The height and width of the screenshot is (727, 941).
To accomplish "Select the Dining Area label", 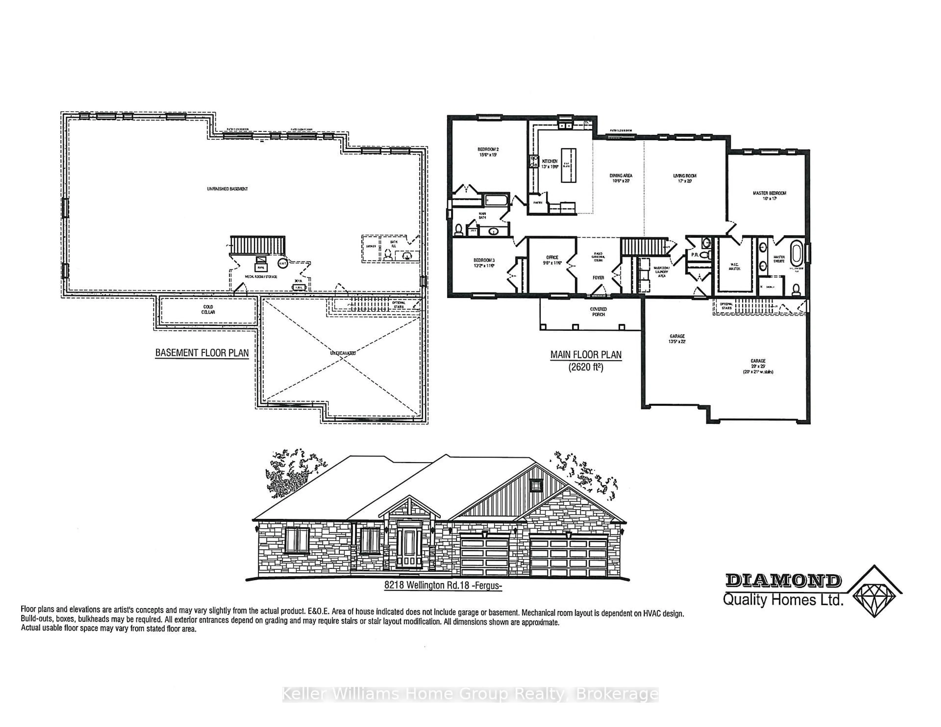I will tap(621, 178).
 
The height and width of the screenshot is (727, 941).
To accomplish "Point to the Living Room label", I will tap(685, 178).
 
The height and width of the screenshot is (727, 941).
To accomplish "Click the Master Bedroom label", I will tap(769, 195).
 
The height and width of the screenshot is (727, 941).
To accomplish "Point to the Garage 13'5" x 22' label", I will tap(677, 339).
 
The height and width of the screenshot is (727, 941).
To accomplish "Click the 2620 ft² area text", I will tap(585, 367).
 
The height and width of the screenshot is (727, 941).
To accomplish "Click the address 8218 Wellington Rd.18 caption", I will tap(443, 586).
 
